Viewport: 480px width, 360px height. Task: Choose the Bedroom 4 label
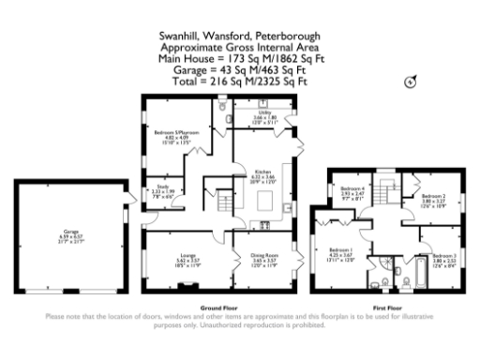(x=351, y=190)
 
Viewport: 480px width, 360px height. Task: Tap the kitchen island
(x=263, y=201)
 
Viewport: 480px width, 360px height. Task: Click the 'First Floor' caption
(x=387, y=308)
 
